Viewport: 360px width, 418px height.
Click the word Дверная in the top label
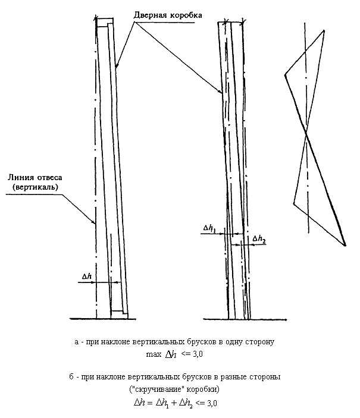[149, 15]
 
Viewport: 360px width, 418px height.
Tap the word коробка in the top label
[184, 15]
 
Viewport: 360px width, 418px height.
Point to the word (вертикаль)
[35, 187]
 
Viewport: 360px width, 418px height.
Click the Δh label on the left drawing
[87, 276]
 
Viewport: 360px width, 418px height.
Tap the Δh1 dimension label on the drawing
[209, 228]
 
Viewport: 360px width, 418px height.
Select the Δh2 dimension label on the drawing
[259, 239]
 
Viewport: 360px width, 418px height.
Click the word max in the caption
[154, 354]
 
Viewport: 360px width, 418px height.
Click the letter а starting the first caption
[77, 342]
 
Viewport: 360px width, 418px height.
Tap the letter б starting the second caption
[71, 377]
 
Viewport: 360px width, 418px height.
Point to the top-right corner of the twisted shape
[324, 31]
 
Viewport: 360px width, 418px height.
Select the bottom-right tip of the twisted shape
[345, 245]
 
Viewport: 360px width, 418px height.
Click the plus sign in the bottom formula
[174, 403]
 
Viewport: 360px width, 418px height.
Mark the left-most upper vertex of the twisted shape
[285, 74]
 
